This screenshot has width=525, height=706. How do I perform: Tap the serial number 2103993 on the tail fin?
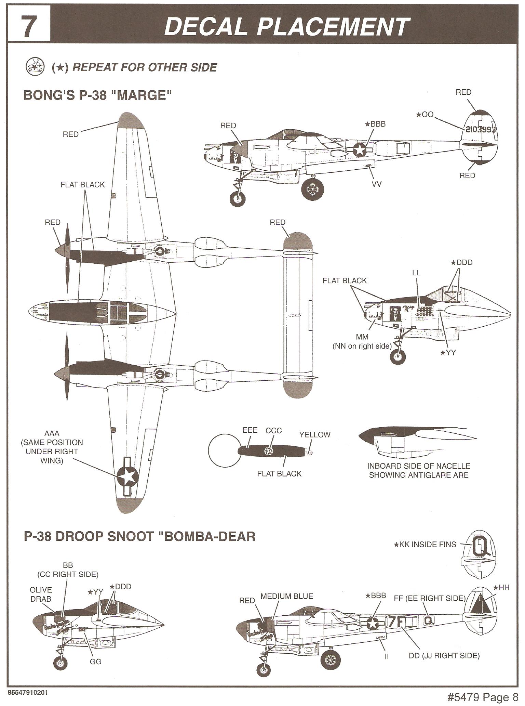[480, 129]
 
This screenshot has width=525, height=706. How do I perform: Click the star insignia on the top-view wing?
[127, 476]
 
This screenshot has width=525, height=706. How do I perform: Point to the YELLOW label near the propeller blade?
[314, 435]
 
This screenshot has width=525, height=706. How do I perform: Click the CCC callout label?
[273, 431]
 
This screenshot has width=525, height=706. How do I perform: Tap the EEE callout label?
[250, 430]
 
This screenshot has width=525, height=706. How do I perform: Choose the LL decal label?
[416, 273]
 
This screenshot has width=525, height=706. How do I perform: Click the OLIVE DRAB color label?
[41, 594]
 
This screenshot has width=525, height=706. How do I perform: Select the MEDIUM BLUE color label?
[286, 597]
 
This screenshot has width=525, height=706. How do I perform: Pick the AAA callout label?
[52, 433]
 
